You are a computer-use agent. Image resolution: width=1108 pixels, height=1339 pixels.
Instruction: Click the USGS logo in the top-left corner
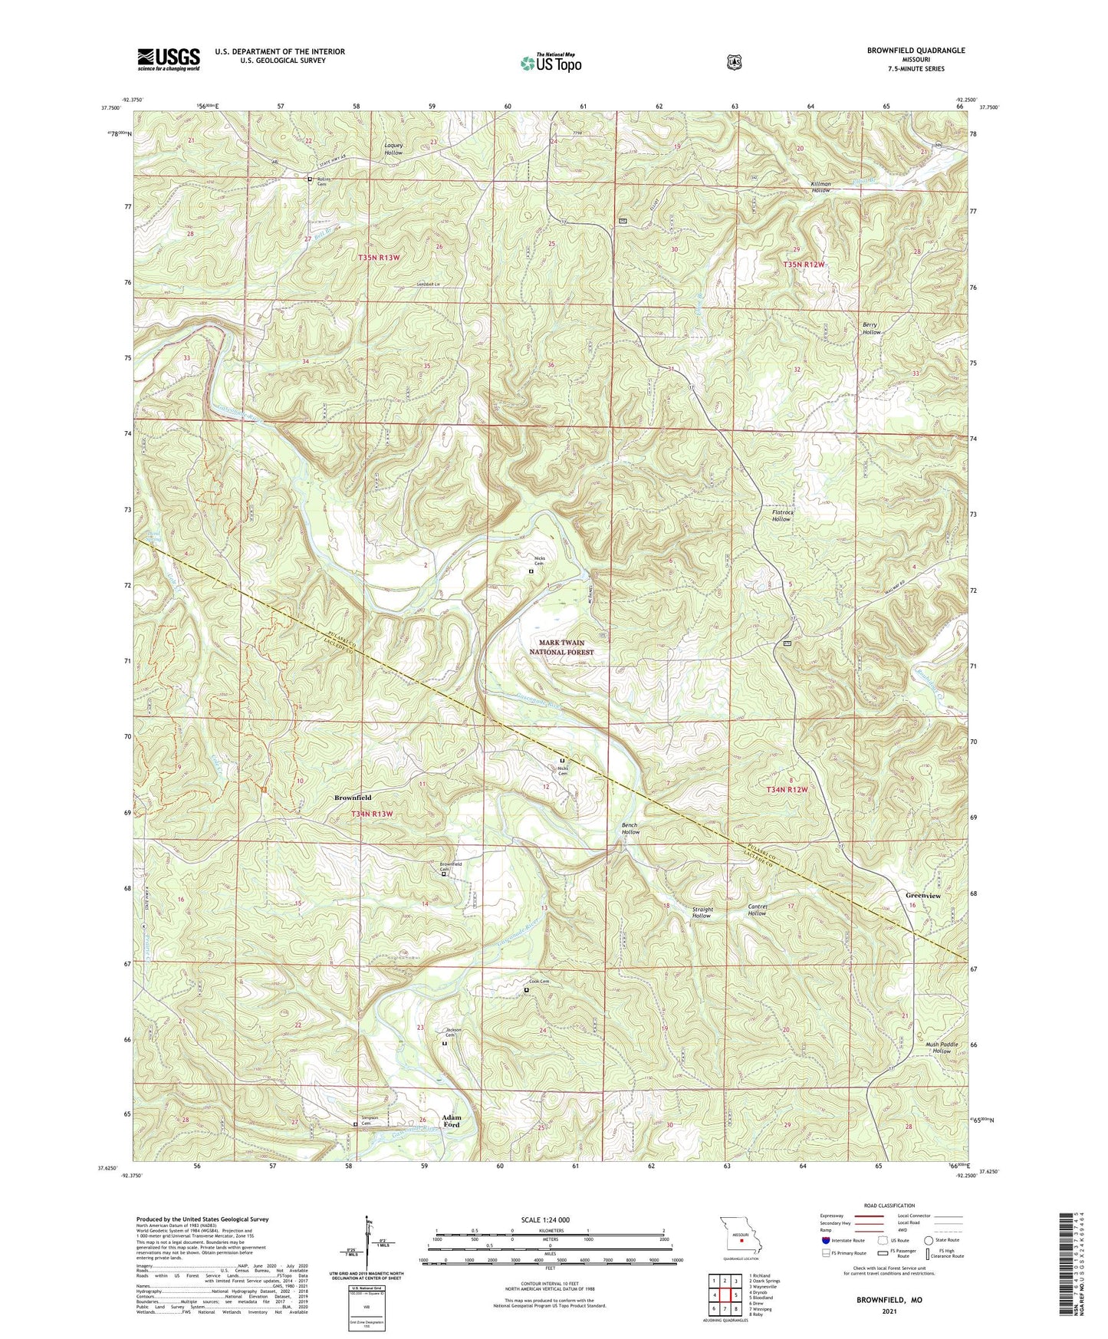click(169, 59)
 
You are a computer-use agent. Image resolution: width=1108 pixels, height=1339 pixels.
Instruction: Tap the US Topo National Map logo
click(550, 62)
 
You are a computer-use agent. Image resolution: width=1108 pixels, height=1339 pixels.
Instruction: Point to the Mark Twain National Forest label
click(561, 647)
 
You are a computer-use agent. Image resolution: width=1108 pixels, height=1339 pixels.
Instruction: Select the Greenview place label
click(923, 895)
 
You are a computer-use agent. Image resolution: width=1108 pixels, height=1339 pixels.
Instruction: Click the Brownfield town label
click(353, 798)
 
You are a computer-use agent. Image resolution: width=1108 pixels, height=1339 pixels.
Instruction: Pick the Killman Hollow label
click(820, 186)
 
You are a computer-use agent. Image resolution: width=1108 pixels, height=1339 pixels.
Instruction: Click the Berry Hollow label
click(871, 329)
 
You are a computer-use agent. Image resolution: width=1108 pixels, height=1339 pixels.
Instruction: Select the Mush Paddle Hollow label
click(941, 1048)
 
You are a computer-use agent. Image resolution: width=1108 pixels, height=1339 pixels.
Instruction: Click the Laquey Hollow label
click(393, 149)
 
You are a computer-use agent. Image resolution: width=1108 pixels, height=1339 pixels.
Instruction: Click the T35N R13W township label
click(379, 258)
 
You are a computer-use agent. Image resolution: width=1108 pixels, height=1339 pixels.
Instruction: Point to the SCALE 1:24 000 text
click(549, 1219)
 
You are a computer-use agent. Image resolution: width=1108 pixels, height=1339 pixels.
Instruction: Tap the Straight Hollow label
click(702, 913)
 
